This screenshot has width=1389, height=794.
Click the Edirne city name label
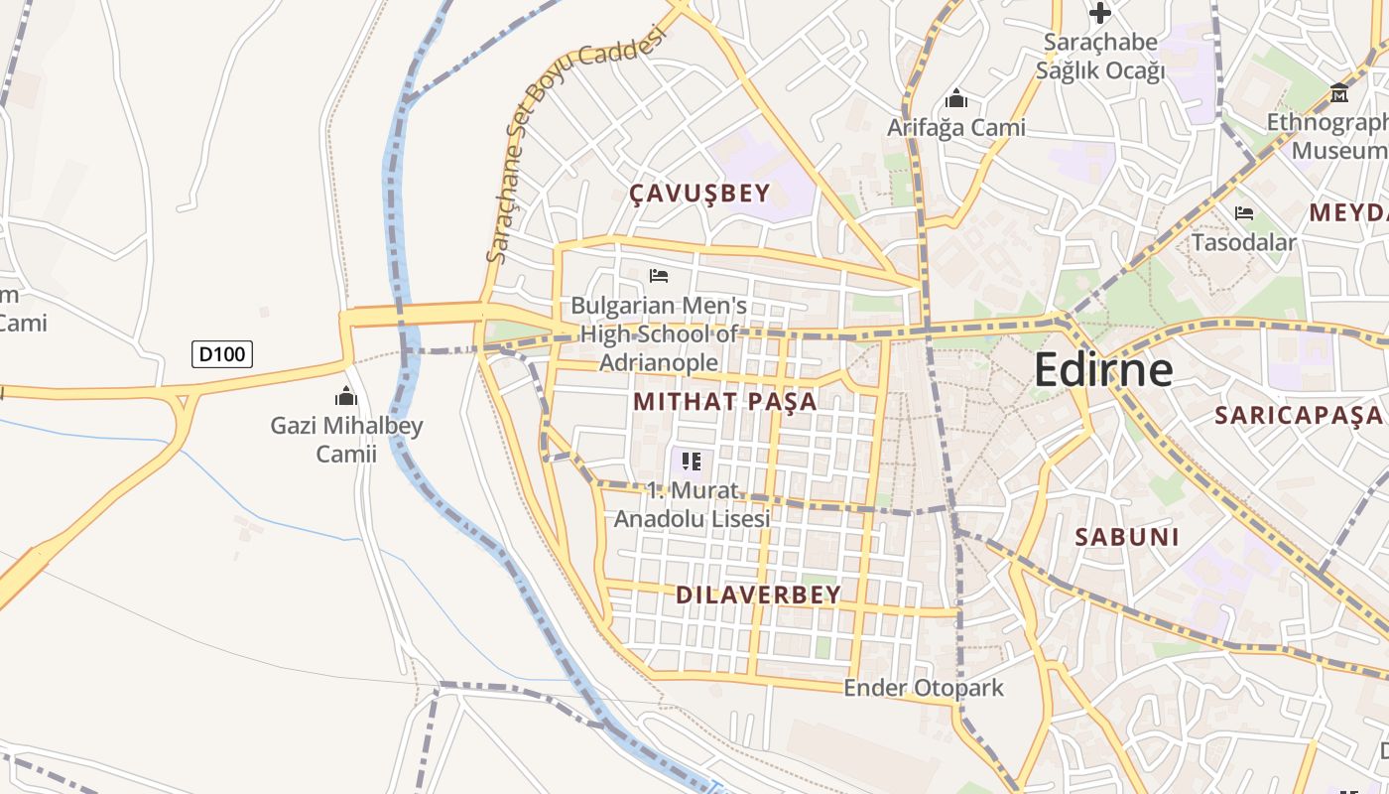click(x=1103, y=369)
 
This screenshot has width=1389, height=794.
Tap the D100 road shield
click(x=222, y=353)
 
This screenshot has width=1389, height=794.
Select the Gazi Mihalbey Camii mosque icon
click(x=346, y=396)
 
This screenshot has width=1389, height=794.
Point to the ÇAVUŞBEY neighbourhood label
click(x=700, y=194)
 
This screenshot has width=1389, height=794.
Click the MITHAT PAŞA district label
click(x=725, y=401)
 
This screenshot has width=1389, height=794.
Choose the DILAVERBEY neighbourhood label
click(x=758, y=595)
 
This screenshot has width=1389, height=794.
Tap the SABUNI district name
click(x=1128, y=537)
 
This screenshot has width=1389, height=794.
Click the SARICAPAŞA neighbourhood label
click(x=1298, y=415)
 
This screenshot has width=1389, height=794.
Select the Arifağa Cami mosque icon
click(x=956, y=98)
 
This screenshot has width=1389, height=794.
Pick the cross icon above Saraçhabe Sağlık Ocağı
click(x=1099, y=13)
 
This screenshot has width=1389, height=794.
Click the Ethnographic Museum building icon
click(x=1339, y=93)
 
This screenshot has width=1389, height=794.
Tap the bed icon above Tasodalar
click(x=1244, y=212)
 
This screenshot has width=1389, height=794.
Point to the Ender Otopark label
click(x=924, y=688)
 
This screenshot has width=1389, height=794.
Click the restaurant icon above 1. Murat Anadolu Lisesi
click(x=692, y=461)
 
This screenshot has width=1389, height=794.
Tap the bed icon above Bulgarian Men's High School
click(x=659, y=275)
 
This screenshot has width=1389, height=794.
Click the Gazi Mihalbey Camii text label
click(x=346, y=440)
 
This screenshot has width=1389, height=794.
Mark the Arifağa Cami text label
click(x=956, y=128)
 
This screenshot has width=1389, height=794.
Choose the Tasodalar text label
click(x=1244, y=242)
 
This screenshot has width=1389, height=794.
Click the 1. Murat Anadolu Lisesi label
click(x=692, y=504)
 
